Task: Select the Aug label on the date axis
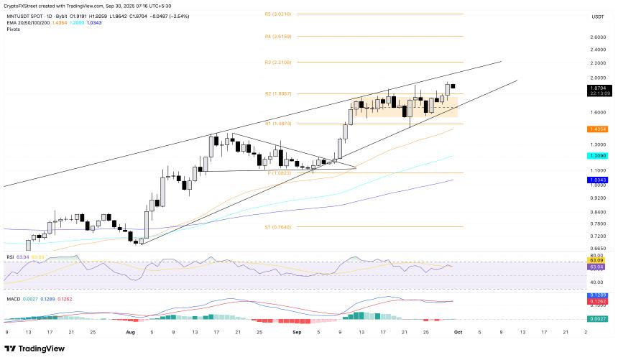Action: (130, 333)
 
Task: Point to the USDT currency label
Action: (598, 16)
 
